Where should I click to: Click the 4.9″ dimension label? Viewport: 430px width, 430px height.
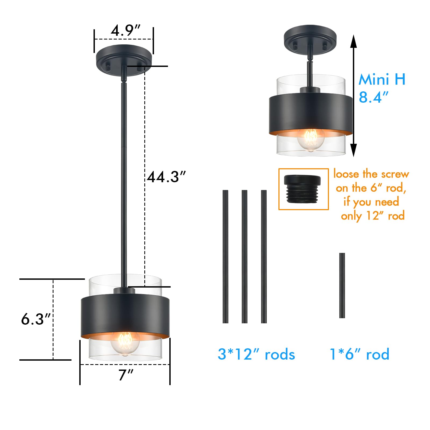126,30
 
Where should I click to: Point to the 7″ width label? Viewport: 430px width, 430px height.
126,375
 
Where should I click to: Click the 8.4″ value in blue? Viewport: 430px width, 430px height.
374,97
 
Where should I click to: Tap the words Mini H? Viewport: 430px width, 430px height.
382,80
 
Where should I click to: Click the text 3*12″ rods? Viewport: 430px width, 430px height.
256,354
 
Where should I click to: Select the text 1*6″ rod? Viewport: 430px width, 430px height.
359,354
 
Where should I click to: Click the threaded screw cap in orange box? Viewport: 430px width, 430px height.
302,189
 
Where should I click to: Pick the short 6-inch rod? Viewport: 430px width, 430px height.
342,285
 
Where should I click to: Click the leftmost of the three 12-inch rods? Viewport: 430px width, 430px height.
225,257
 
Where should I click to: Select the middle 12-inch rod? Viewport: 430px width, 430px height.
244,257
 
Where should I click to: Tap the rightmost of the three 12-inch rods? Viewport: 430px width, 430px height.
264,257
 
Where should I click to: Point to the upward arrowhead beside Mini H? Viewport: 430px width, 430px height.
354,42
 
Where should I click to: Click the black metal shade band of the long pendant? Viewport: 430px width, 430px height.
125,314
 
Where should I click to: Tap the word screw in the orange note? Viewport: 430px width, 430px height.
395,174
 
